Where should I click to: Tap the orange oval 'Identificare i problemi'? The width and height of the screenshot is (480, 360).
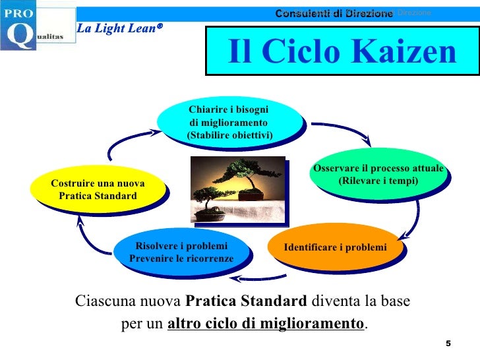coord(334,247)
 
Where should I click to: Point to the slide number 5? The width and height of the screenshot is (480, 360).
coord(448,344)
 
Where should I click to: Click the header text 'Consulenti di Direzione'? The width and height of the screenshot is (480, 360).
coord(334,13)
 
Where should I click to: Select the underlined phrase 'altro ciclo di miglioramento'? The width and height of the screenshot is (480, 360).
coord(266,324)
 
